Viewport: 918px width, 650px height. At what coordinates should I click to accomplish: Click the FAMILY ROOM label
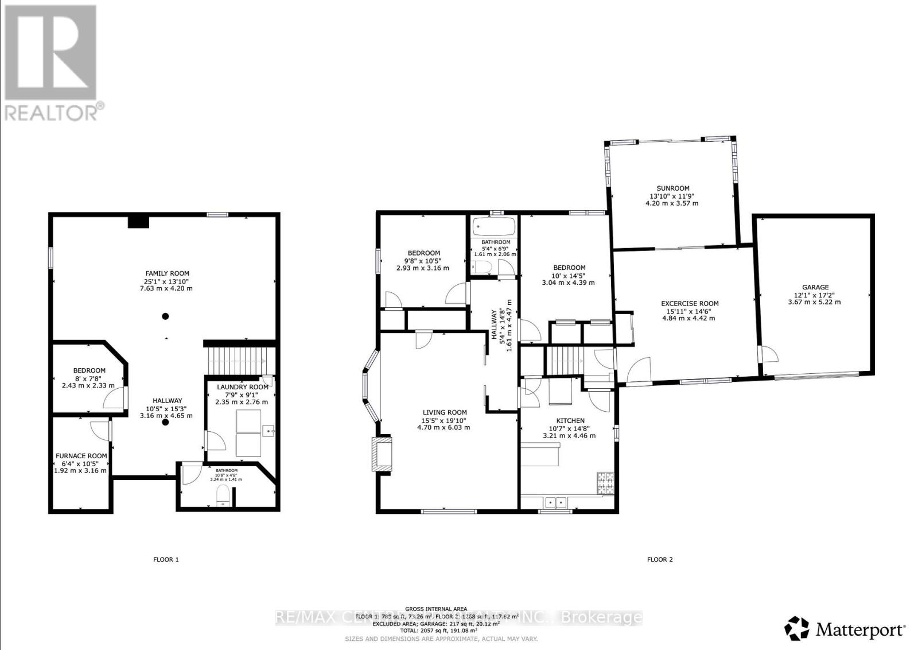click(x=167, y=273)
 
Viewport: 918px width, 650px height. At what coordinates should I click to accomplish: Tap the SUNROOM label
click(x=673, y=188)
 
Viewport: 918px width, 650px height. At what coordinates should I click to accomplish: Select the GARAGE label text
click(x=815, y=288)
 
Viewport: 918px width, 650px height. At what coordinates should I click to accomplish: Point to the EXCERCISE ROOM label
click(x=689, y=304)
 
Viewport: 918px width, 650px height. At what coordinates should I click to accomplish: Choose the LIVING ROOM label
click(x=444, y=412)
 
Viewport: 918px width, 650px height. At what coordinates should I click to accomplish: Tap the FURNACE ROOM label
click(x=81, y=456)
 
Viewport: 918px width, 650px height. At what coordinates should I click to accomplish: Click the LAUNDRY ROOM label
click(x=242, y=387)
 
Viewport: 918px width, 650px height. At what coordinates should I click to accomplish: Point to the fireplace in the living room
click(x=383, y=455)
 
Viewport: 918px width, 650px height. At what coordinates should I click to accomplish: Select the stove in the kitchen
click(x=605, y=483)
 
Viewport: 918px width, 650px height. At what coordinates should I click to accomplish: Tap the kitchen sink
click(x=554, y=502)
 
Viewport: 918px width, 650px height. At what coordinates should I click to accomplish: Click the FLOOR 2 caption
click(x=660, y=559)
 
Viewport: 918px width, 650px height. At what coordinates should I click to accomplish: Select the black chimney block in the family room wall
click(x=138, y=222)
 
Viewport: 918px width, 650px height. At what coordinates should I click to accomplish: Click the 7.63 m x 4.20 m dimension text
click(x=167, y=288)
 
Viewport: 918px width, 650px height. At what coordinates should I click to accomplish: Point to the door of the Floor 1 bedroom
click(x=114, y=398)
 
